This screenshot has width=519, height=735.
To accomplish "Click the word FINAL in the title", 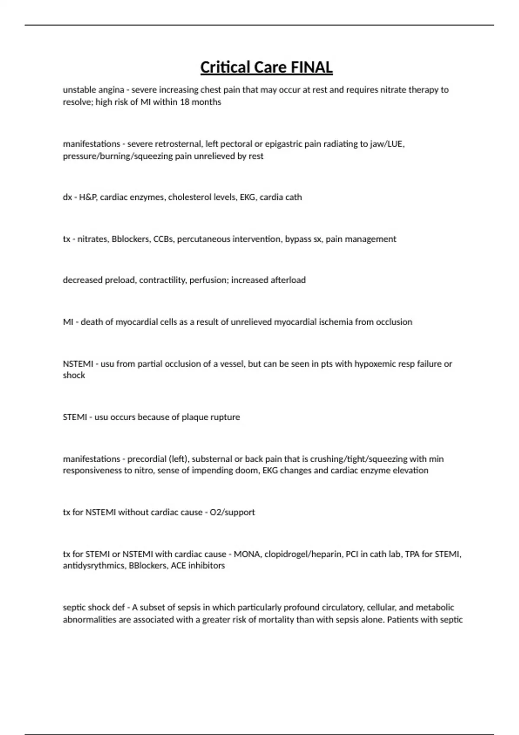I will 311,67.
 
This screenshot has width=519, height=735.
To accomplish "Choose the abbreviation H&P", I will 88,197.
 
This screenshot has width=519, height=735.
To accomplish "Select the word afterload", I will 288,280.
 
